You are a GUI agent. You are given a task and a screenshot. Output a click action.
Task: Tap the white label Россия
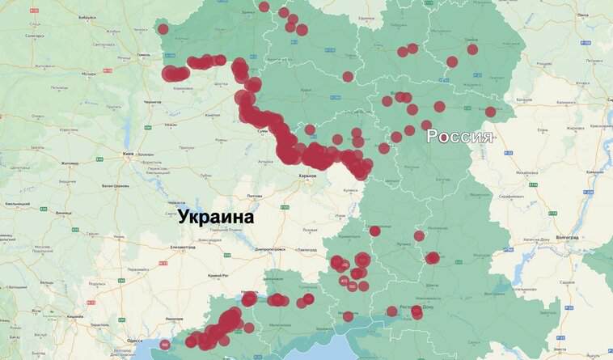tap(459, 136)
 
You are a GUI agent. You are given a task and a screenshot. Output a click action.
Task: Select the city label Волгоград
tap(561, 237)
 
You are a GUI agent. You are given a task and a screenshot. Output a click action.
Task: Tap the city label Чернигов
tap(152, 102)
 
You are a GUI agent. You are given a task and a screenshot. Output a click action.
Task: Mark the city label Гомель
tap(145, 55)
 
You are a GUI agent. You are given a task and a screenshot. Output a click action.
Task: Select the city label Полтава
tap(254, 196)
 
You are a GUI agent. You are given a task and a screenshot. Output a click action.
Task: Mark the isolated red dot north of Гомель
tap(163, 29)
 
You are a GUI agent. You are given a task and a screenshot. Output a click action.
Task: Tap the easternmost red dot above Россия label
tap(491, 112)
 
